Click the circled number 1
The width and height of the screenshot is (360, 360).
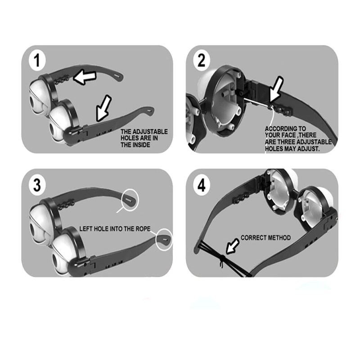37,60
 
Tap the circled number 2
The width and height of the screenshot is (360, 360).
201,61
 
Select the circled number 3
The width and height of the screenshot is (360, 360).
37,185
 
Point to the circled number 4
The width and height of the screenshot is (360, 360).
201,185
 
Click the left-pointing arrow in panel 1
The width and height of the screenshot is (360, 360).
85,77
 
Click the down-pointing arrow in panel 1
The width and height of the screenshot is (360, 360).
103,108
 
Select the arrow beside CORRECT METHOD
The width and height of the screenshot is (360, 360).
232,246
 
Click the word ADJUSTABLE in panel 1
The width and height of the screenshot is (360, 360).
150,132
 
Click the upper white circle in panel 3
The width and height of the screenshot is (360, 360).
130,199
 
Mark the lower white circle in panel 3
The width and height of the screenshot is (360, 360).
164,239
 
